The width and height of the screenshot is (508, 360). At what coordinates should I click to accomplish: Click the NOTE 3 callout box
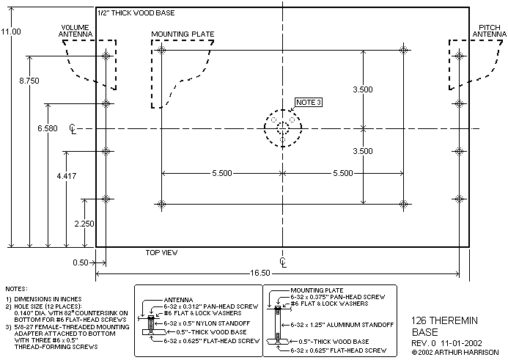click(308, 102)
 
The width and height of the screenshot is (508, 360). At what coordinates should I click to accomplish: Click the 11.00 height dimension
click(11, 32)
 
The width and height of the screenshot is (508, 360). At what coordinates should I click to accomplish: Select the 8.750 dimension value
click(29, 81)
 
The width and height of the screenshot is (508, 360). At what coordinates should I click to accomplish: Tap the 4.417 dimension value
click(66, 177)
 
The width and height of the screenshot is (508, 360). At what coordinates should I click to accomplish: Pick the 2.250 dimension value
click(84, 224)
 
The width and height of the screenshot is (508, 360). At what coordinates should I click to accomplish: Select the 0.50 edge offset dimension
click(80, 262)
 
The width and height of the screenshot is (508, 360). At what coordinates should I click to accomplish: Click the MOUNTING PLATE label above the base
click(181, 34)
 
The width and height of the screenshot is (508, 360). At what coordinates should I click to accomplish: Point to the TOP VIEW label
click(162, 252)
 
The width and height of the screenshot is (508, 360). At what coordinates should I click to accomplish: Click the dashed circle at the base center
click(283, 129)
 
